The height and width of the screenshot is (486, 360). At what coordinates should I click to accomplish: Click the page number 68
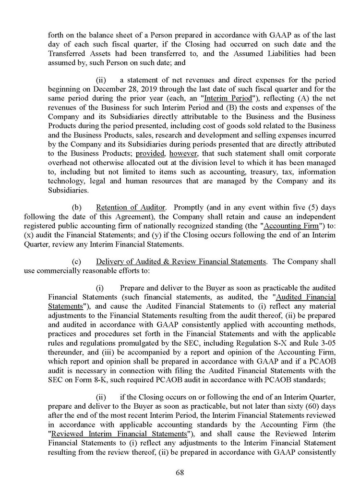(180, 473)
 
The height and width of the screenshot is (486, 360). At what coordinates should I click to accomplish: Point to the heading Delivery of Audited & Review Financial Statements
(181, 262)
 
